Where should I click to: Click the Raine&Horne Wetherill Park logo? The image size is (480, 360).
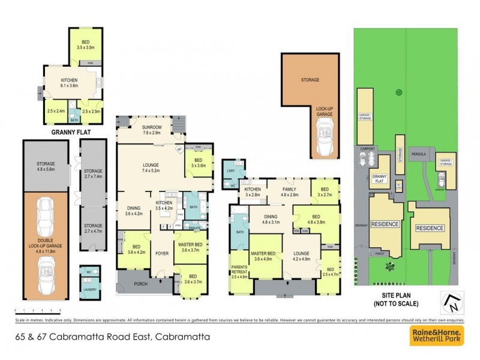pos(436,337)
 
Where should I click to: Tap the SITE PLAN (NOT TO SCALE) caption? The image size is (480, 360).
pos(401,299)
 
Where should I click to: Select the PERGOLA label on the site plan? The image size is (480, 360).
pos(418,154)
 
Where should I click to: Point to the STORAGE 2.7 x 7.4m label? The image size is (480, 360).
pos(93,173)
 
